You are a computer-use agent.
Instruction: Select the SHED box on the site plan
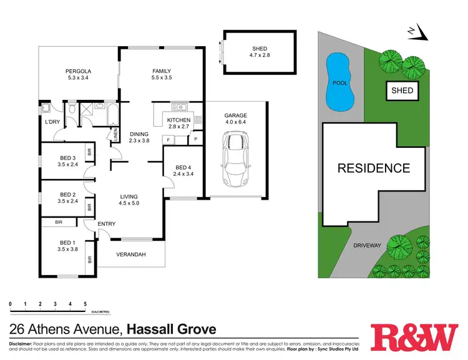coord(402,90)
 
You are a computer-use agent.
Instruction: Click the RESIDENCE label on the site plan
coord(374,168)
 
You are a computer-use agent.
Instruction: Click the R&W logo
coord(414,338)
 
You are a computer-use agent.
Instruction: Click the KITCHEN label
coord(178,120)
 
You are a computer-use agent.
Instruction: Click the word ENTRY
coord(107,225)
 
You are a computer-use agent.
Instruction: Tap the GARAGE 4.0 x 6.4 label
coord(236,119)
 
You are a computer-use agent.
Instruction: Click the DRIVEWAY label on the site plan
coord(367,245)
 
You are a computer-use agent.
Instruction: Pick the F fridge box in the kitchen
coord(170,140)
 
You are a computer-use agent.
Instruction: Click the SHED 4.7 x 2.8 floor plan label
coord(259,52)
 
